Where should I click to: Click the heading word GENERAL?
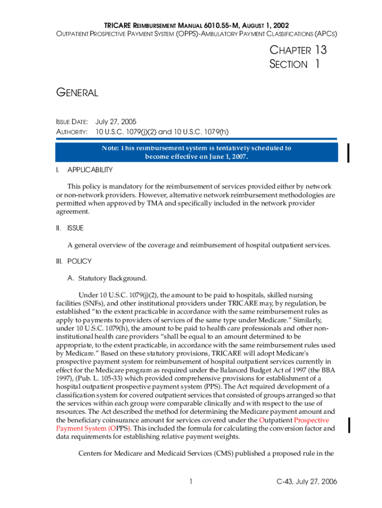(x=77, y=92)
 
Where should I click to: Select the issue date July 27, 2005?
(x=116, y=122)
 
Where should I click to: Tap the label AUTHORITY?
(x=71, y=132)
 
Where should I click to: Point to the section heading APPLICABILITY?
(x=90, y=170)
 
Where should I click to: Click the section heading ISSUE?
(x=75, y=228)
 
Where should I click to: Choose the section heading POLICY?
(x=79, y=261)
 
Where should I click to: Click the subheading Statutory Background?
(x=113, y=278)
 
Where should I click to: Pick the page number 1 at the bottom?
(x=191, y=481)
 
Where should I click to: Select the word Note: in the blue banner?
(x=110, y=148)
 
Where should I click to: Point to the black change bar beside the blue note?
(x=349, y=152)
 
